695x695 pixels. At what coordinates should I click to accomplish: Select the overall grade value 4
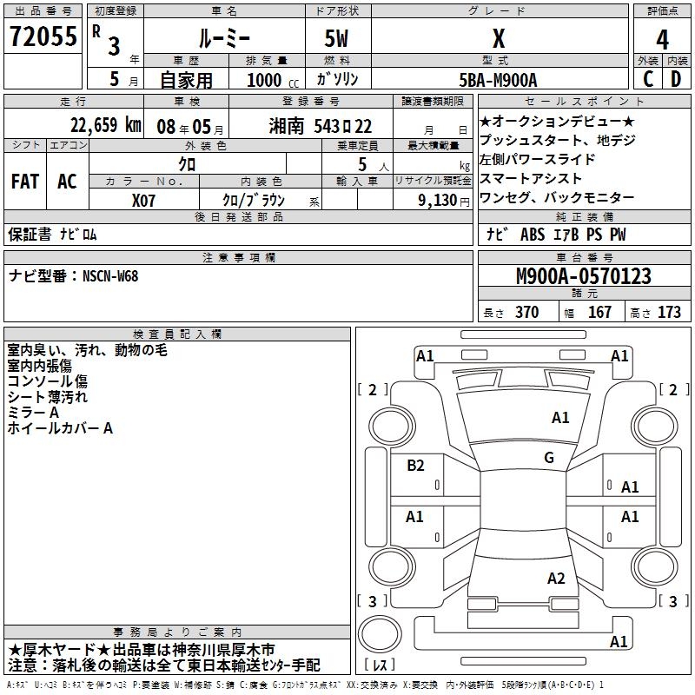pyautogui.click(x=662, y=39)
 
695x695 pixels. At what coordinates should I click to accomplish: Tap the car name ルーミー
pyautogui.click(x=224, y=39)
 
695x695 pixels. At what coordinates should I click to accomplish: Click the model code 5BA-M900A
pyautogui.click(x=498, y=79)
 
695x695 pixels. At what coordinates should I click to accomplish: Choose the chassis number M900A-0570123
pyautogui.click(x=583, y=277)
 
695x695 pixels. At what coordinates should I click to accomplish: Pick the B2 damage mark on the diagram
pyautogui.click(x=415, y=465)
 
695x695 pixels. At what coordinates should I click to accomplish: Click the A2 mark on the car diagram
pyautogui.click(x=556, y=579)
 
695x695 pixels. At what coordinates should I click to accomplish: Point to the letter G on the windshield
pyautogui.click(x=548, y=458)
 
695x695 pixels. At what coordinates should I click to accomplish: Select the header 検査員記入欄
pyautogui.click(x=177, y=334)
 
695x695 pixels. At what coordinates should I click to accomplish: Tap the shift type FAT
pyautogui.click(x=25, y=182)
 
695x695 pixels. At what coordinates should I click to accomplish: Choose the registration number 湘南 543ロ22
pyautogui.click(x=321, y=126)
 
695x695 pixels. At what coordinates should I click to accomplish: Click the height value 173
pyautogui.click(x=669, y=313)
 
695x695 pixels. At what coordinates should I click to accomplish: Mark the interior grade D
pyautogui.click(x=676, y=79)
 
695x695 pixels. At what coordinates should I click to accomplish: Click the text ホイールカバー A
pyautogui.click(x=60, y=428)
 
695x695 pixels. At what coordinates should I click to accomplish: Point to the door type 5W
pyautogui.click(x=338, y=39)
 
